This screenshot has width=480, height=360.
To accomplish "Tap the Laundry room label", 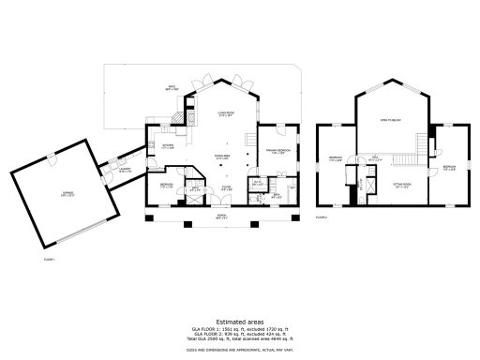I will tap(125, 171).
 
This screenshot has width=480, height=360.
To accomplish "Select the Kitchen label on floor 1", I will tap(167, 146).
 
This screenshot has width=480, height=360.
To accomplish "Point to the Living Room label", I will tap(224, 114).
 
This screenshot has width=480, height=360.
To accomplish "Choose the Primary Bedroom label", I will tap(276, 152).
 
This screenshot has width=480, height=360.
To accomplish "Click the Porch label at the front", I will tap(222, 217).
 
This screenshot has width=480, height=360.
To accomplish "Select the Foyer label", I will tap(226, 189).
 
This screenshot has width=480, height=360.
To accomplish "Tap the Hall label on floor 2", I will tap(373, 158).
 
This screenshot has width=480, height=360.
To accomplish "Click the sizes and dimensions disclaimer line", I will tap(240, 323).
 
